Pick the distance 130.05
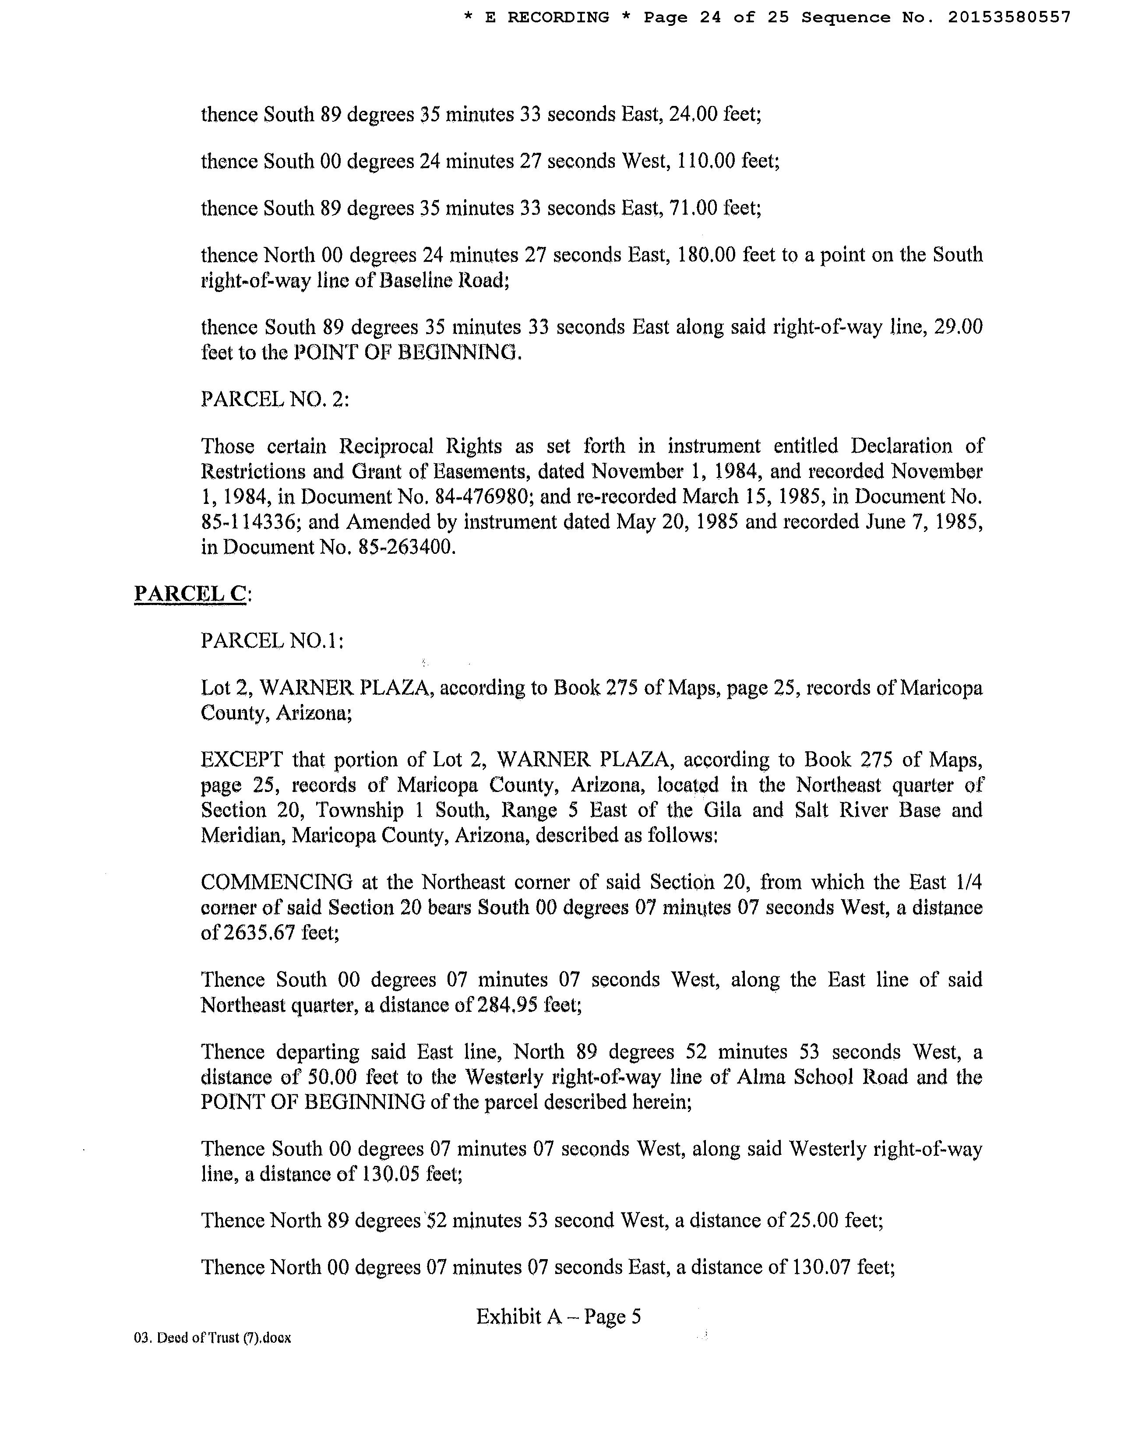[x=392, y=1174]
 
